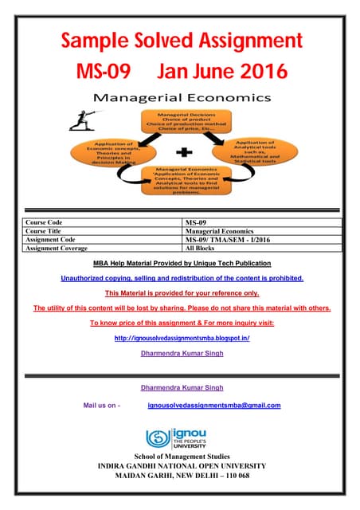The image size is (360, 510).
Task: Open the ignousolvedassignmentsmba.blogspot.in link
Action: point(182,338)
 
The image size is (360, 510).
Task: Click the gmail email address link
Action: point(214,406)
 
